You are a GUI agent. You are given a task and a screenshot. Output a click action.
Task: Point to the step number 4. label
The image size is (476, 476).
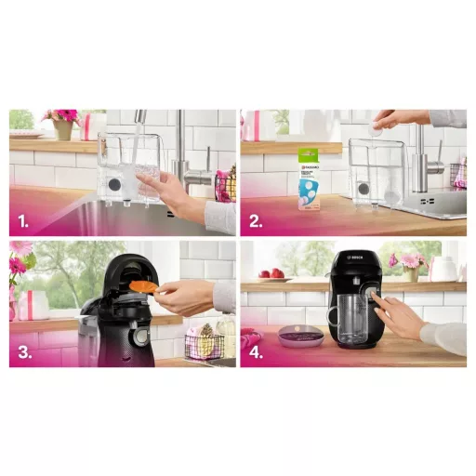pos(258,353)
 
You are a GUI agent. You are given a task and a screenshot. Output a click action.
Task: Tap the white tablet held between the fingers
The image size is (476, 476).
pos(376,131)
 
